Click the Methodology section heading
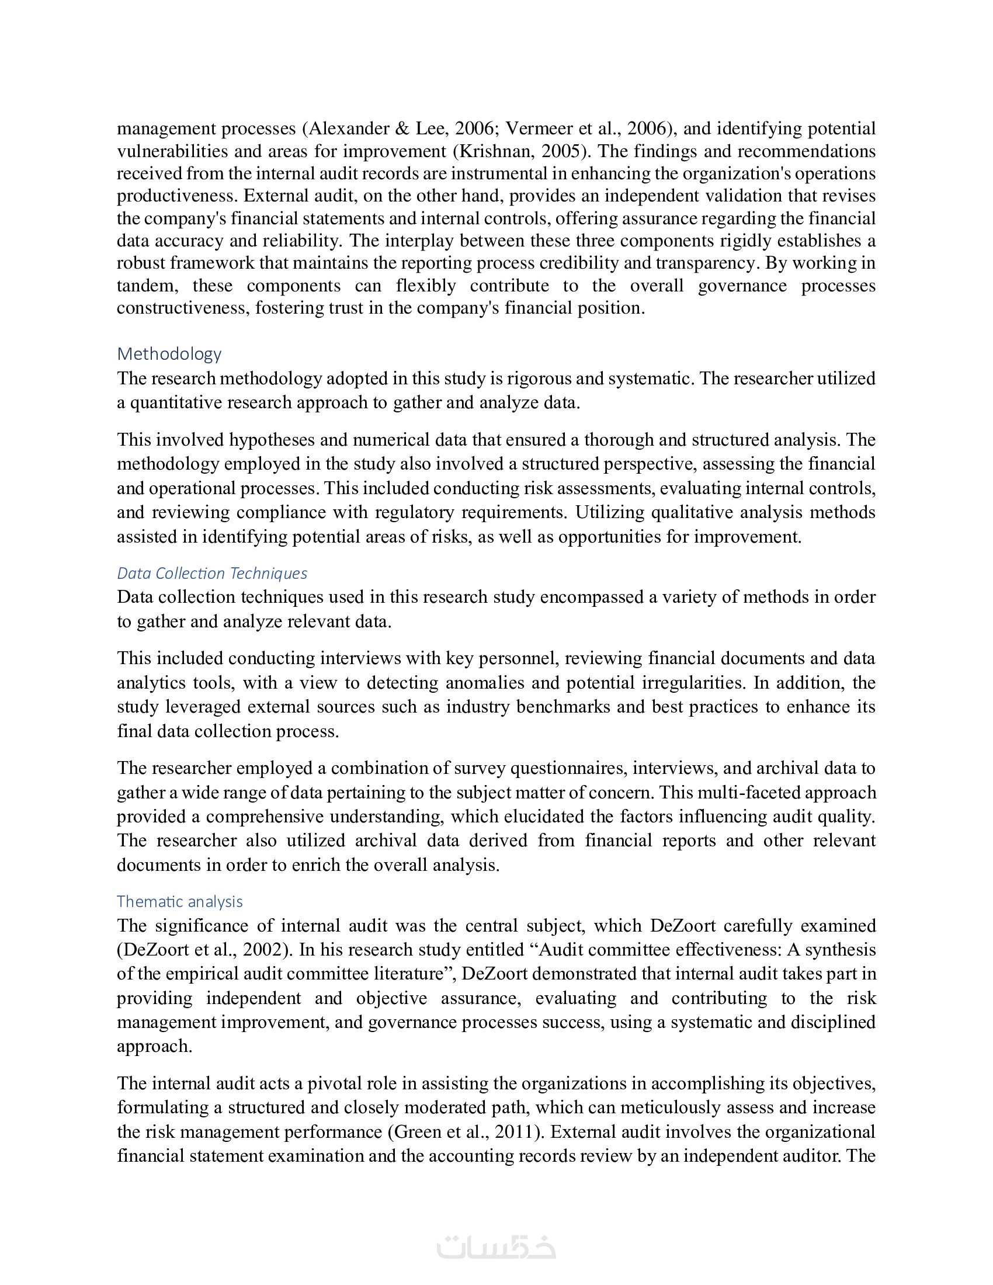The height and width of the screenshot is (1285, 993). (169, 353)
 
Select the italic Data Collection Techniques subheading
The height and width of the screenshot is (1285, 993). (212, 573)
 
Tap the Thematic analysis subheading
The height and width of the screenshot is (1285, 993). (179, 901)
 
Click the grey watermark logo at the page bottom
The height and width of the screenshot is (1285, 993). (496, 1246)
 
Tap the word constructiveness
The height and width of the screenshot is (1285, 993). (183, 308)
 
